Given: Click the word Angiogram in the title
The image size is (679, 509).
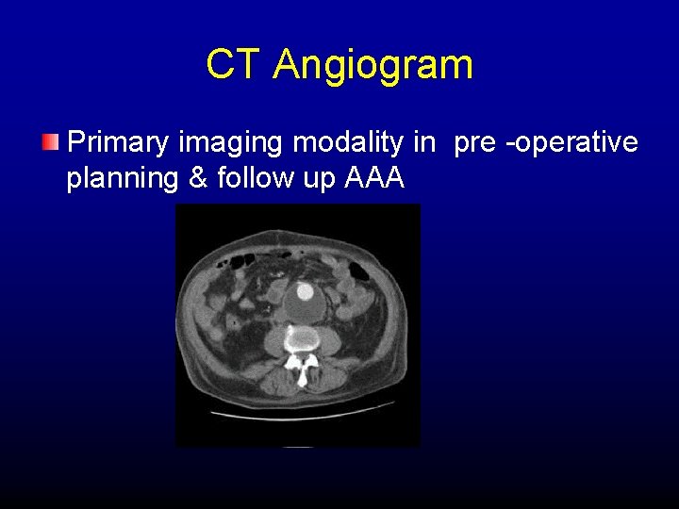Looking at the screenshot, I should pyautogui.click(x=373, y=66).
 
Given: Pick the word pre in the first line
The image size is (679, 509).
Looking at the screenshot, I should pyautogui.click(x=475, y=143).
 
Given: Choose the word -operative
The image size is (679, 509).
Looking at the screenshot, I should pyautogui.click(x=574, y=143).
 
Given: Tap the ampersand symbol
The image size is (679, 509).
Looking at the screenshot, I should pyautogui.click(x=198, y=178).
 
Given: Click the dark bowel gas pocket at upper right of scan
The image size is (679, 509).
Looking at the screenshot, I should pyautogui.click(x=359, y=270).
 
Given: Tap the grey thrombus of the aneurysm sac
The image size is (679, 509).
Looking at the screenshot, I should pyautogui.click(x=304, y=307).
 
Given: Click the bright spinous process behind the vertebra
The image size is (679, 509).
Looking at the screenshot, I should pyautogui.click(x=302, y=374).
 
